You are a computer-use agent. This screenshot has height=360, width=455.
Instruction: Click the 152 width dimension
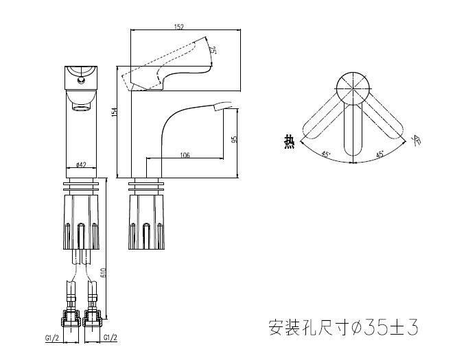(x=178, y=27)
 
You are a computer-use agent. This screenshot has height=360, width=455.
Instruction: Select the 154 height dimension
(x=115, y=112)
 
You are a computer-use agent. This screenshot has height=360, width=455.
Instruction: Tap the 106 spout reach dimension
(x=185, y=156)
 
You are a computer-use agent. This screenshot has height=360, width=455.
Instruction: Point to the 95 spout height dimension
(x=235, y=139)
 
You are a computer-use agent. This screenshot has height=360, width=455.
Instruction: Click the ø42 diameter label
(x=80, y=165)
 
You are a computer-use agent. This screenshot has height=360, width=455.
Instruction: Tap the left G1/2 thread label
(x=51, y=338)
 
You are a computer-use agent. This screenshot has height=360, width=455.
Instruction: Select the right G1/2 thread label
(x=110, y=338)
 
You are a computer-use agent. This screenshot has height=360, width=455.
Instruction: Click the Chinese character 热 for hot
(x=289, y=142)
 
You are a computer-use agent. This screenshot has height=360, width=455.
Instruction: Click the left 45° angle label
(x=327, y=154)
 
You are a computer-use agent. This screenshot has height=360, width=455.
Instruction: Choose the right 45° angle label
(x=380, y=154)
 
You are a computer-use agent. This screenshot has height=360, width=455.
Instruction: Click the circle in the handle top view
(x=353, y=89)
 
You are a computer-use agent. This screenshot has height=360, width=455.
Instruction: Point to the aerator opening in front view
(x=81, y=106)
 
